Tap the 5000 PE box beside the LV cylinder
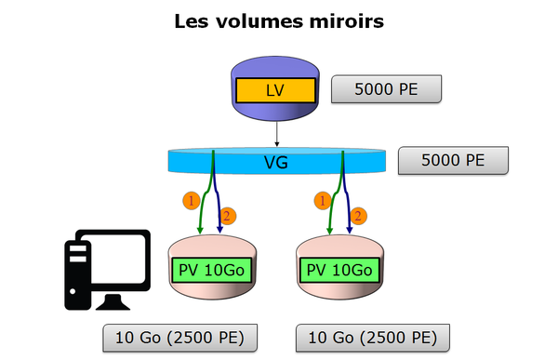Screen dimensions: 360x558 tap(385, 89)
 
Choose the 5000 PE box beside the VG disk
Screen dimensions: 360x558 tap(453, 159)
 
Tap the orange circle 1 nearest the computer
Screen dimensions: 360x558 tap(192, 200)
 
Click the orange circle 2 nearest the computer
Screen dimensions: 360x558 tap(229, 216)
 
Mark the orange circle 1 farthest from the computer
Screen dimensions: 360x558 tap(323, 200)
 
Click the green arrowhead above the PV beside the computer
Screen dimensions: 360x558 tap(202, 232)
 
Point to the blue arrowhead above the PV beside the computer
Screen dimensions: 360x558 tap(220, 232)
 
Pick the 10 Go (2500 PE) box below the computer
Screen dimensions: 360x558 tap(179, 337)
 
